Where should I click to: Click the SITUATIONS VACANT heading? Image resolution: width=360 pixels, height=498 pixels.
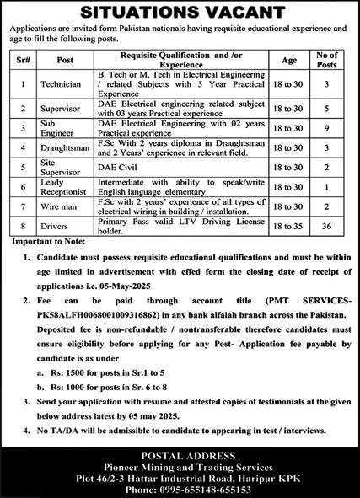point(180,13)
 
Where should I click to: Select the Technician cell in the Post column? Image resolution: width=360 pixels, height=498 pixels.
point(62,84)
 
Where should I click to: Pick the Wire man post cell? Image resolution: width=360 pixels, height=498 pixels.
point(60,206)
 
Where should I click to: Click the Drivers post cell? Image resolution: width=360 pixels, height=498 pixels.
point(57,225)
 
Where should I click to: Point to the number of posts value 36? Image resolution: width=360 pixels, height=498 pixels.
point(325,225)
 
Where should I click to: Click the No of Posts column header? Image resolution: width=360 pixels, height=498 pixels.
point(325,60)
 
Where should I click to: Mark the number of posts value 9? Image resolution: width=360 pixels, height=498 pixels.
point(325,127)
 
